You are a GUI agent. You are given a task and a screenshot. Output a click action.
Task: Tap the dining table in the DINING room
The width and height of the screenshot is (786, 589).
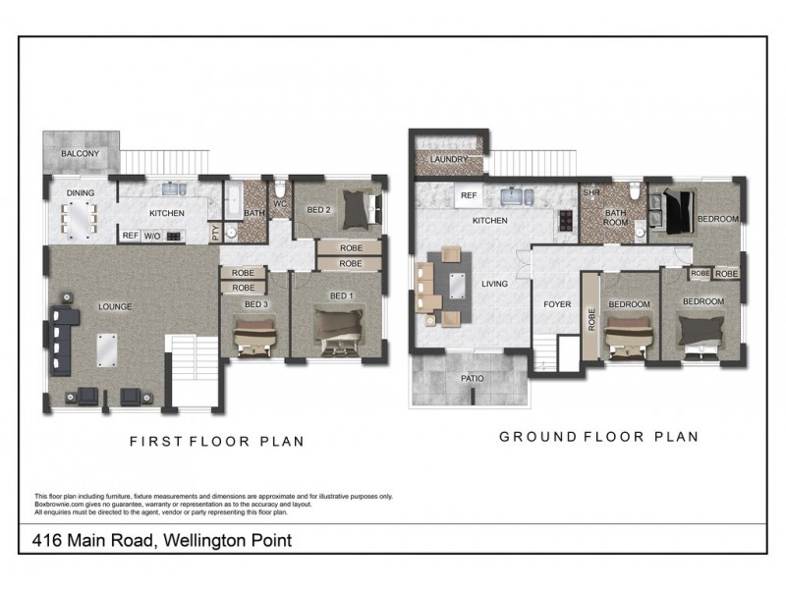(82, 218)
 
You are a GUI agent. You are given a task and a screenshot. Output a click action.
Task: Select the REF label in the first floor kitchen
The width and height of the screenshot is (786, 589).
(130, 236)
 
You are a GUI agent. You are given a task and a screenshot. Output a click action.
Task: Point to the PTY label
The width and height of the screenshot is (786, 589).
(216, 234)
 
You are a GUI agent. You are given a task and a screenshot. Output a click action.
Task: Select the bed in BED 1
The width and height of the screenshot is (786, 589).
(339, 329)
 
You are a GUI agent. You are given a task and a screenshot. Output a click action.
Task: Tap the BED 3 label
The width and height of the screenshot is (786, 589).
(256, 305)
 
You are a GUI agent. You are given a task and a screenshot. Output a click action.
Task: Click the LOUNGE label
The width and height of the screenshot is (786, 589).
(115, 306)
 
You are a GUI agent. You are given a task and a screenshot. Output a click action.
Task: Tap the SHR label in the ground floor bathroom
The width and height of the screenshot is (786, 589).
(590, 192)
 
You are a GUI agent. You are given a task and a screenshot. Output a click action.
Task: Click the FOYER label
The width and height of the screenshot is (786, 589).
(557, 304)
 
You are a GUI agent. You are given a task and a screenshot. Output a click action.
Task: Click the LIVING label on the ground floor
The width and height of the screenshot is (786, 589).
(494, 284)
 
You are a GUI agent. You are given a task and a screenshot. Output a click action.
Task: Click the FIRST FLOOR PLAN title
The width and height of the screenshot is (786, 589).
(217, 442)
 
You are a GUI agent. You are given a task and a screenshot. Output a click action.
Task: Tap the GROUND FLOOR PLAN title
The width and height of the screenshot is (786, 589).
(599, 437)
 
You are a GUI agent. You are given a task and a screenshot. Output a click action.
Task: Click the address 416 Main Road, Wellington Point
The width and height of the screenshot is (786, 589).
(163, 540)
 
